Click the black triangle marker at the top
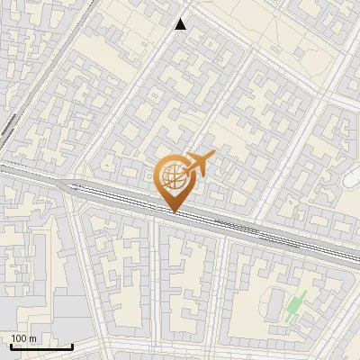coord(181,24)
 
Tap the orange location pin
coord(175,180)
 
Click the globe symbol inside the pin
coord(173,176)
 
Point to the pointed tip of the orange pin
coord(175,211)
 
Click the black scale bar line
coord(40,346)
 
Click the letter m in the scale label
coord(32,338)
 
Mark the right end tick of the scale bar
coord(72,345)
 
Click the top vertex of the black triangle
coord(181,19)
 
